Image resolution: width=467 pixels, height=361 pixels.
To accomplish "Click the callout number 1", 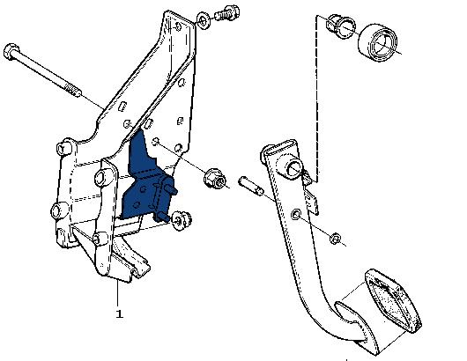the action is [119, 314].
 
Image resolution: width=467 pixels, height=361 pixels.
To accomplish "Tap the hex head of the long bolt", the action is [11, 52].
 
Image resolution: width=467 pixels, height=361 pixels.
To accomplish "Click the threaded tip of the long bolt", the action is [72, 90].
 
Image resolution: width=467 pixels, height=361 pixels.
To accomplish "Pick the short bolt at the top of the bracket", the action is [227, 13].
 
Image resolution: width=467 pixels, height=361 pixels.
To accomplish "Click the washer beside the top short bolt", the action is [204, 21].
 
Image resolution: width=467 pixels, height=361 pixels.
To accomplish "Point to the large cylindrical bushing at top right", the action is [378, 42].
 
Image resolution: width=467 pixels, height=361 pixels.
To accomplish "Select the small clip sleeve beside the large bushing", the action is [341, 26].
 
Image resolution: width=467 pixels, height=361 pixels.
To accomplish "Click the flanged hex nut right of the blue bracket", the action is [214, 178].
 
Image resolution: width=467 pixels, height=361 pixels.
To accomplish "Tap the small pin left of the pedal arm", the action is [251, 186].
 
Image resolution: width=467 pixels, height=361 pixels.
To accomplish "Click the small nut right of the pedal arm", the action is [336, 239].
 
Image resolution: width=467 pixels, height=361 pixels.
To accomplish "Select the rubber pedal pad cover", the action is [393, 300].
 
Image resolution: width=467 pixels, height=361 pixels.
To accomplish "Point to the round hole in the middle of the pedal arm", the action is [296, 214].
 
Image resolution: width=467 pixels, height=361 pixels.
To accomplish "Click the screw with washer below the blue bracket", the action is [182, 220].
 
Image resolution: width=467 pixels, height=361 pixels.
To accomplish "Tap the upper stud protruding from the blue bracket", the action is [172, 189].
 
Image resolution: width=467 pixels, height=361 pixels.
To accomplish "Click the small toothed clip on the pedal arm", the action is [311, 197].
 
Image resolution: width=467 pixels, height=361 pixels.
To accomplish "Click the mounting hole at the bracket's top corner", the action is [178, 26].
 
